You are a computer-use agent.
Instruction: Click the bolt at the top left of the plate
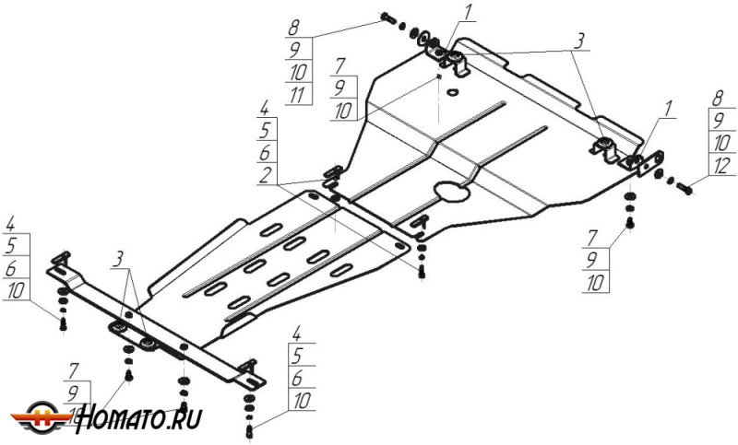pos(387,18)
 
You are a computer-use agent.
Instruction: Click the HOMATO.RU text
pos(141,419)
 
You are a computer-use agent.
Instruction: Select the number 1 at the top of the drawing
pos(468,13)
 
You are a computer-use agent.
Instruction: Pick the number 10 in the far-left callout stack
pos(14,291)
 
